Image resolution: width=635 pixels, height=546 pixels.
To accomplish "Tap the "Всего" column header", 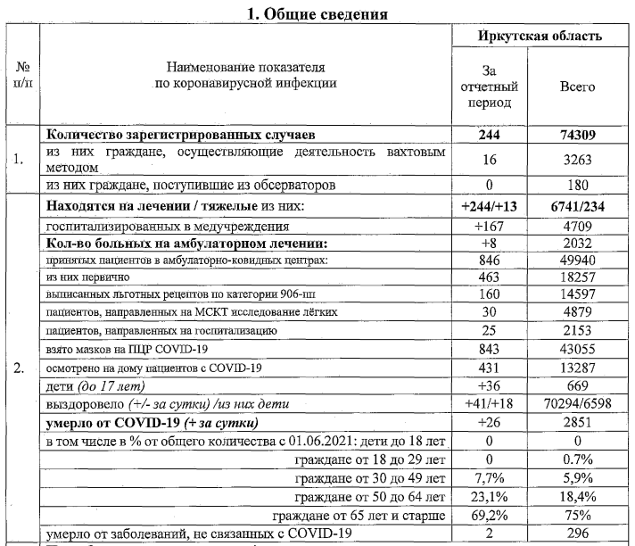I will (577, 87).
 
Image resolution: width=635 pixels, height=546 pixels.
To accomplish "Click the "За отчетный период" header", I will (487, 87).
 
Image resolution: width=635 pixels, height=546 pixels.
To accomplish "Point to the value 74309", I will (577, 136).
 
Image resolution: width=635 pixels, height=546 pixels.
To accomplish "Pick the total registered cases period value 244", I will (487, 136).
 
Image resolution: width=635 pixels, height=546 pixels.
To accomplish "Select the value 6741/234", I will (577, 207).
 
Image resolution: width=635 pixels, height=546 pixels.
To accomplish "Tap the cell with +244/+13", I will (487, 207).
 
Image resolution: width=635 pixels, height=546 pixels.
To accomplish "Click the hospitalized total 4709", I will (577, 226).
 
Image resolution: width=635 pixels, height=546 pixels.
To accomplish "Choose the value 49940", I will (577, 261).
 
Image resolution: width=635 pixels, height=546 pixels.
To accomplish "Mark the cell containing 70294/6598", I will (577, 402).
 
